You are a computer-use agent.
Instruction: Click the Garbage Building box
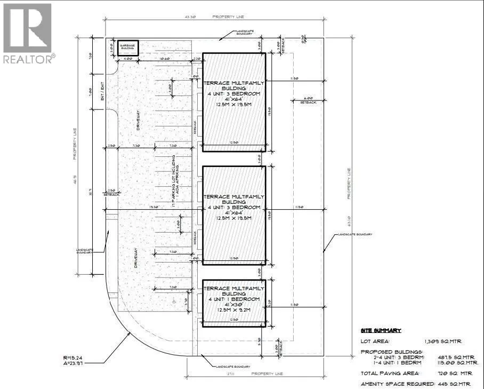coord(127,47)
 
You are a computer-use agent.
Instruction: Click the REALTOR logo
coord(27,32)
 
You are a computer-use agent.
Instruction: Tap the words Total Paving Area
coord(389,373)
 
